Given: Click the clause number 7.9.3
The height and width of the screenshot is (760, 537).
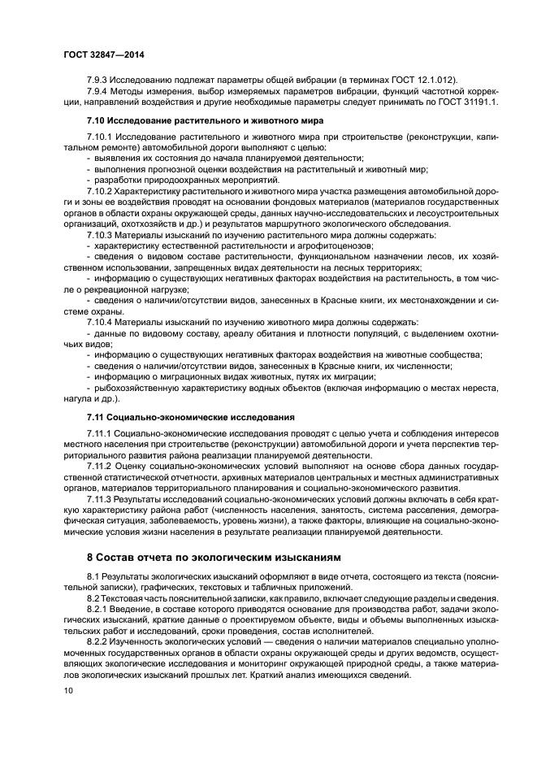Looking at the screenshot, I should point(99,80).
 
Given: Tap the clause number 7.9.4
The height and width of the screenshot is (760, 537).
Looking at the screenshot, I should point(99,91).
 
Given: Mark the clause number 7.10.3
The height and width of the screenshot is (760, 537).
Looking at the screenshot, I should point(102,234).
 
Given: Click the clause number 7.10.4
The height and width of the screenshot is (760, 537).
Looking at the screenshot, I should point(102,321).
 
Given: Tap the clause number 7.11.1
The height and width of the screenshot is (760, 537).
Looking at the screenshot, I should point(102,433).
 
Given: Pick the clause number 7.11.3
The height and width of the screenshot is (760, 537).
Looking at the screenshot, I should point(102,499).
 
